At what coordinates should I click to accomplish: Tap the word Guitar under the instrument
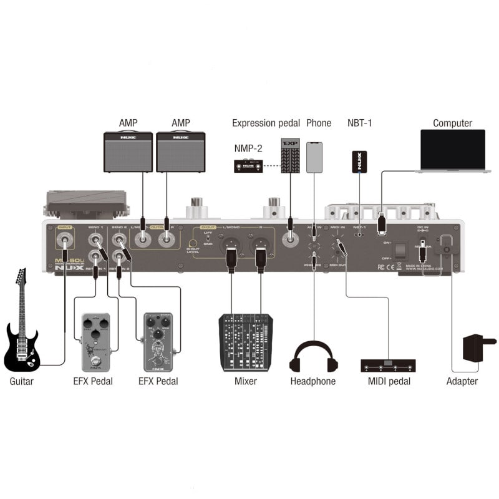click(21, 381)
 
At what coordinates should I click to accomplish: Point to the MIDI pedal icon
click(387, 364)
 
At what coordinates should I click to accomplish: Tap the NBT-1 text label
click(359, 123)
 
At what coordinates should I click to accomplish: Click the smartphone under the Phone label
click(315, 157)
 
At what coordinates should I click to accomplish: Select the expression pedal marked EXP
click(290, 156)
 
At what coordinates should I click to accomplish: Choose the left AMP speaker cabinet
click(128, 152)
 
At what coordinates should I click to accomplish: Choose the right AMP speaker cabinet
click(181, 152)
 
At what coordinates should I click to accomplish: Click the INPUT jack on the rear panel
click(64, 239)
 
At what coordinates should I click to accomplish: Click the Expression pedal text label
click(266, 123)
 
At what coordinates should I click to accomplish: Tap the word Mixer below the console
click(245, 381)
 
